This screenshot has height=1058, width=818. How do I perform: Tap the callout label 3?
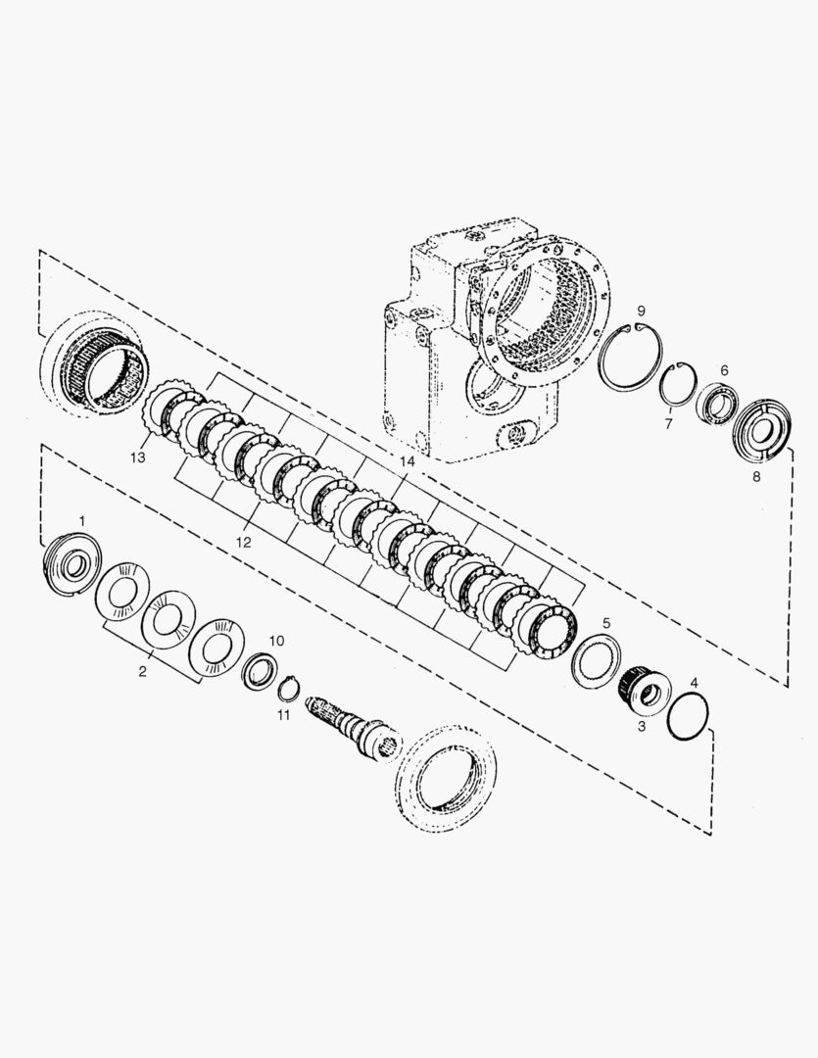point(642,726)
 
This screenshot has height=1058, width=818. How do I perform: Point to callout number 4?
point(695,682)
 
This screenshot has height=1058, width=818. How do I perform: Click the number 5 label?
point(606,623)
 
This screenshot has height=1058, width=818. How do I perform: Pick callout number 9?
point(640,311)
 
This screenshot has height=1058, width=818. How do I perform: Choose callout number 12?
point(242,541)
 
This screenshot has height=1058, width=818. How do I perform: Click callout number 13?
point(137,457)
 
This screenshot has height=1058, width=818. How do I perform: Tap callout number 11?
point(283,716)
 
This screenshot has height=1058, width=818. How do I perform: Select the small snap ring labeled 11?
point(287,690)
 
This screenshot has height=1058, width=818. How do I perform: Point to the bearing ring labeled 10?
point(260,671)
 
